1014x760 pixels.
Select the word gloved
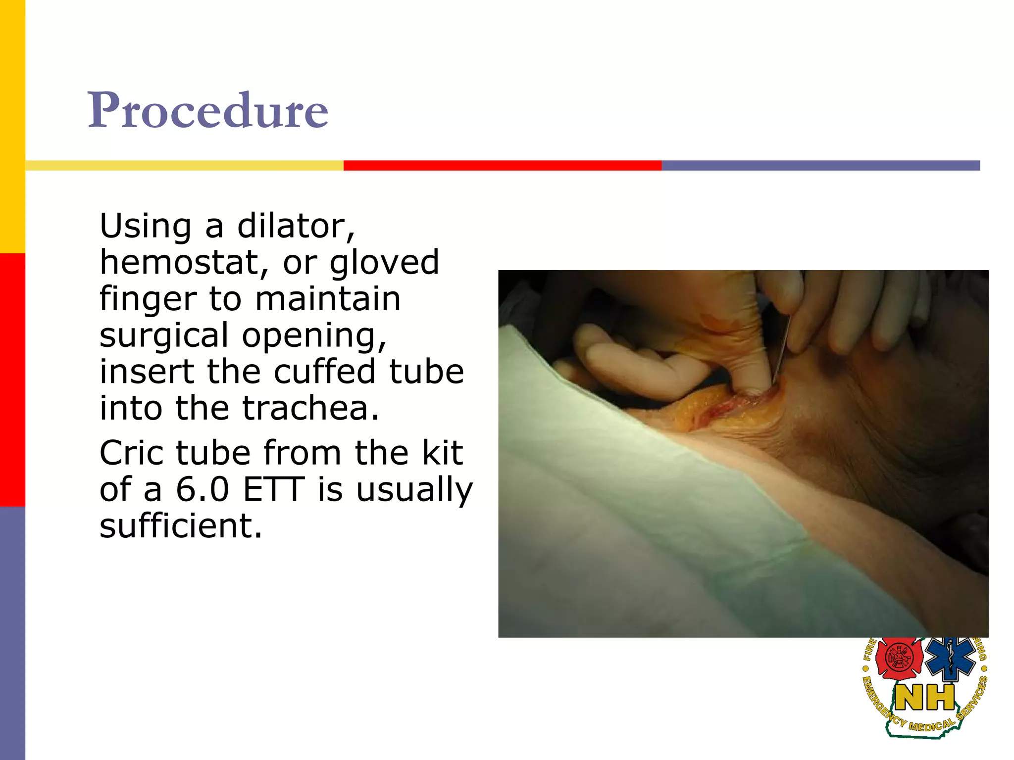click(384, 262)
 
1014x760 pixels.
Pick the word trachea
click(310, 408)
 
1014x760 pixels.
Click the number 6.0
click(203, 489)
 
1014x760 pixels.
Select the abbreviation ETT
click(273, 489)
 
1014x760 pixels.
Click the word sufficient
click(180, 525)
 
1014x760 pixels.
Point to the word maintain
click(327, 299)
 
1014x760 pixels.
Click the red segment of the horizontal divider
click(502, 165)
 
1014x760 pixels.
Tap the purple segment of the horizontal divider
click(820, 165)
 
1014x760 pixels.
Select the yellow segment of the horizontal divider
click(184, 165)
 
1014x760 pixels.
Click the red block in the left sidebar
click(12, 380)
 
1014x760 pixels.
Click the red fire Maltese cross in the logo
click(899, 659)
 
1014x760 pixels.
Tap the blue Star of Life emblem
click(950, 658)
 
